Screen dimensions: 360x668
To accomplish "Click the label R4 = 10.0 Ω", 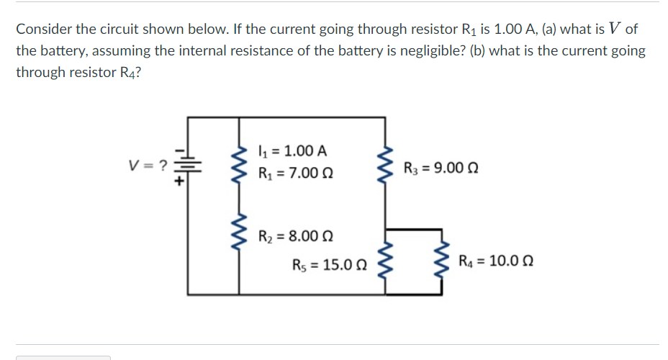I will click(495, 261).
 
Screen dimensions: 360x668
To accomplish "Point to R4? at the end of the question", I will click(127, 73).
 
